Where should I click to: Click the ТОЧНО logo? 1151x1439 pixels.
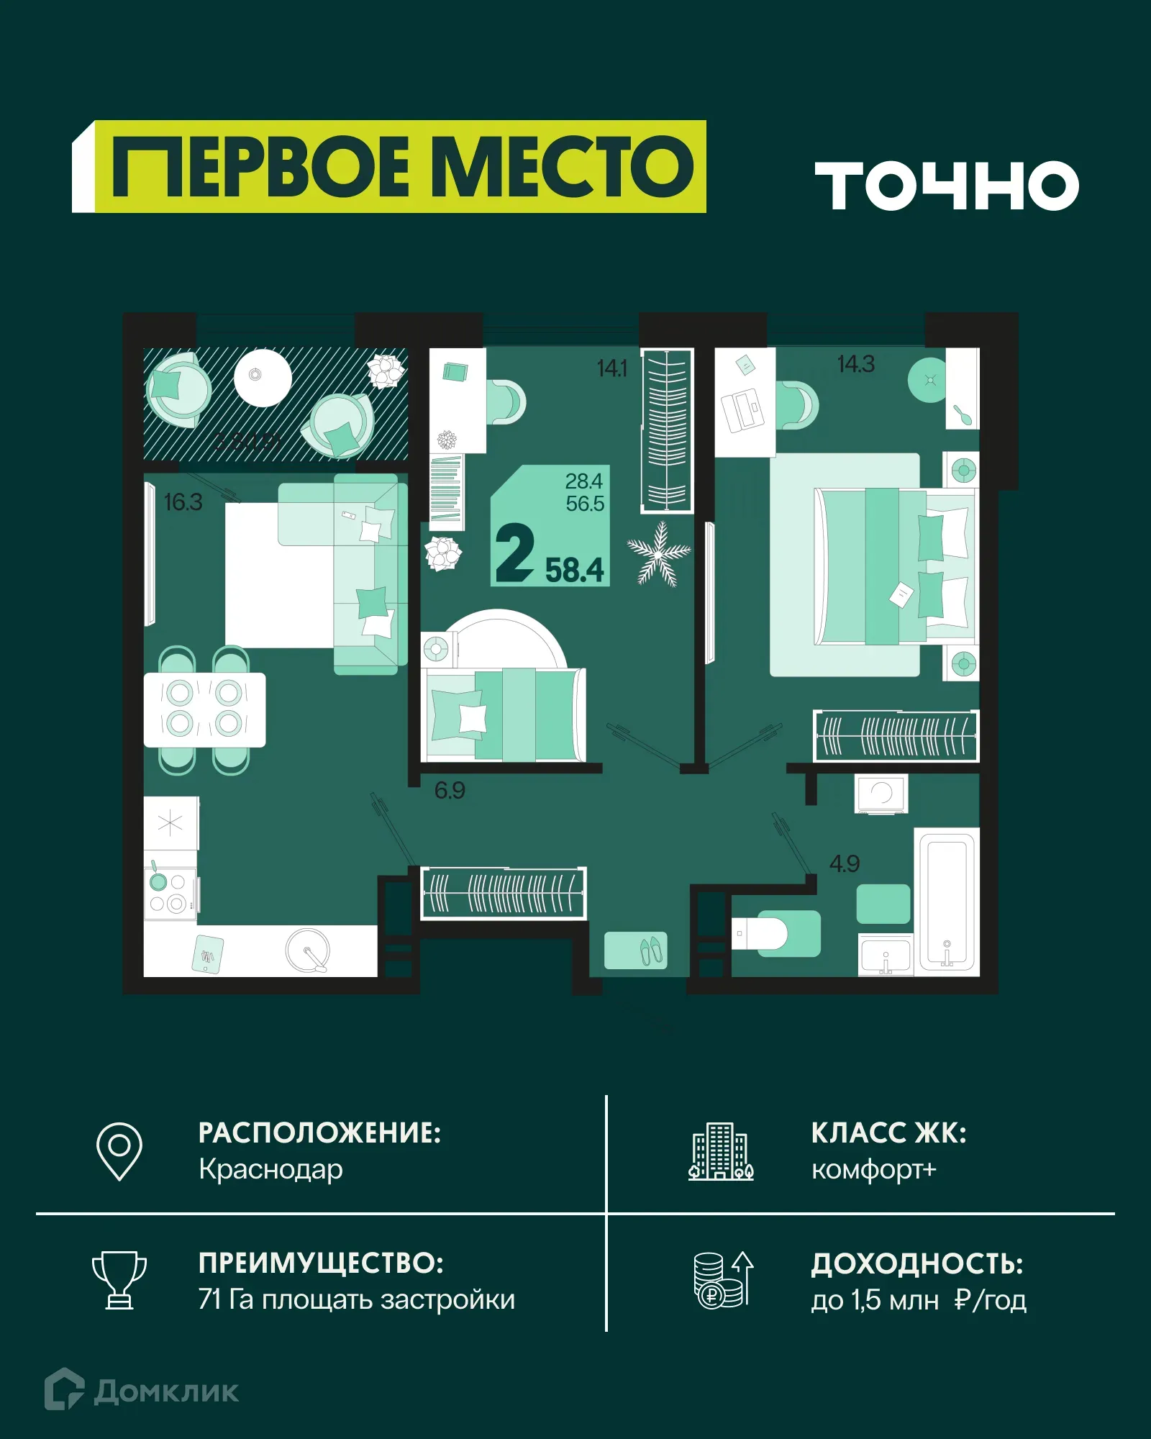[947, 186]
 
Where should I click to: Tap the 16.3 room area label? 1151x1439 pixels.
[183, 502]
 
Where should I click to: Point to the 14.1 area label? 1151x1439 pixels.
[611, 368]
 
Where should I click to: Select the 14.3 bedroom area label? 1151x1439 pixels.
[855, 364]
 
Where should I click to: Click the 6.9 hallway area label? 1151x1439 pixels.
[450, 791]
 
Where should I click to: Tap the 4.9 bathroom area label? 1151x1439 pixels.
[844, 863]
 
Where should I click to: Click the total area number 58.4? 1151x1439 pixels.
[574, 571]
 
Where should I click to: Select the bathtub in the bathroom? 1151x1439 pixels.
[947, 902]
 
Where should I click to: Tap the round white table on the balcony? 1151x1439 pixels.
[263, 378]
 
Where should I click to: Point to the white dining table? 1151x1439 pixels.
[204, 709]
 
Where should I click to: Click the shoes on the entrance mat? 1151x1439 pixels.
[652, 950]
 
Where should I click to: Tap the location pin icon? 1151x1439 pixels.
[119, 1151]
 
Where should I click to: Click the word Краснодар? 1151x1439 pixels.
[270, 1170]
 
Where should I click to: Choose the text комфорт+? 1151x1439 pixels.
[873, 1170]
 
